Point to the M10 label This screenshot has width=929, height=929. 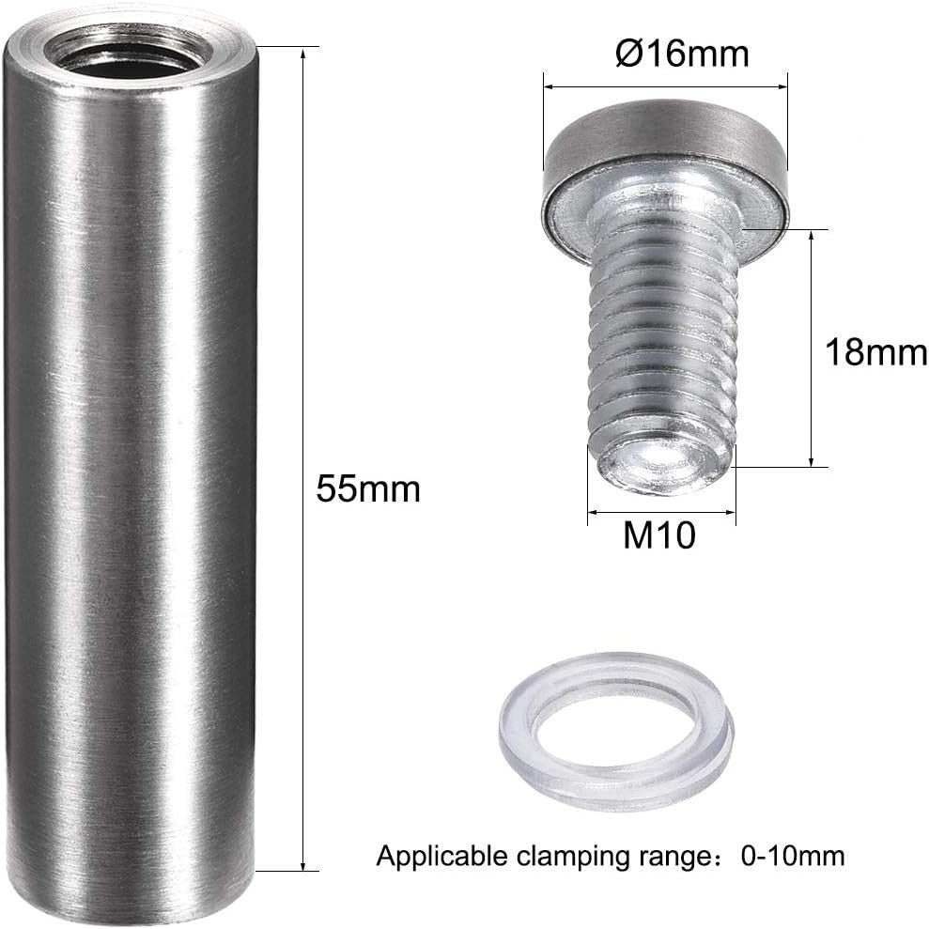659,536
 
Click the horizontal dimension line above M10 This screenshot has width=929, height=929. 661,513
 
